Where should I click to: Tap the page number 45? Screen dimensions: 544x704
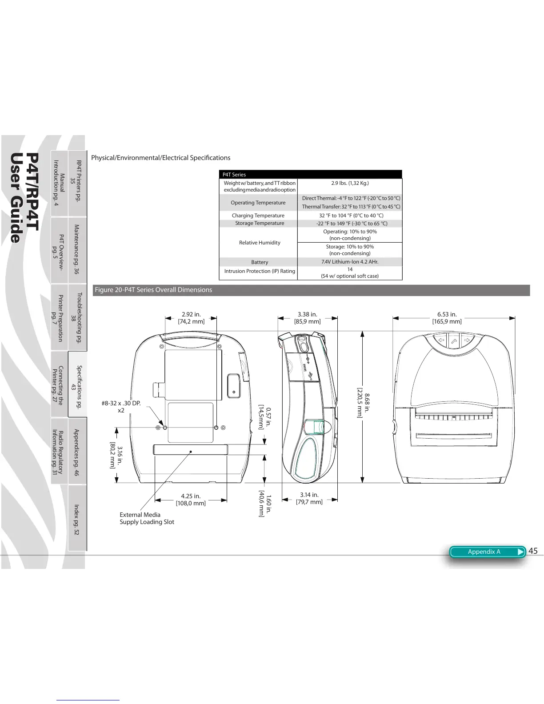pyautogui.click(x=533, y=551)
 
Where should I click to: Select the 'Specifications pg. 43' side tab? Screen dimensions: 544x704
pyautogui.click(x=76, y=384)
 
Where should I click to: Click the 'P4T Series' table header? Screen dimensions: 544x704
pyautogui.click(x=234, y=175)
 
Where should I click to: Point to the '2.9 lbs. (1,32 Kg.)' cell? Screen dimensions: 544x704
pyautogui.click(x=350, y=183)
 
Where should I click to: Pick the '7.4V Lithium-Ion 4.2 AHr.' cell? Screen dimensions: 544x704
pyautogui.click(x=350, y=262)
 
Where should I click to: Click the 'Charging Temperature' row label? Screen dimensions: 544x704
pyautogui.click(x=258, y=216)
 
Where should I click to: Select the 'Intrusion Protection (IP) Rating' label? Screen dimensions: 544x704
pyautogui.click(x=260, y=271)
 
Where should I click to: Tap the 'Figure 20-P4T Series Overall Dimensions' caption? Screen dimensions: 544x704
pyautogui.click(x=153, y=290)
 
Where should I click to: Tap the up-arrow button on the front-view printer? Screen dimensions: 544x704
pyautogui.click(x=454, y=341)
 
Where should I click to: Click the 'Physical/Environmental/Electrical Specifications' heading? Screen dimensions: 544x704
pyautogui.click(x=160, y=158)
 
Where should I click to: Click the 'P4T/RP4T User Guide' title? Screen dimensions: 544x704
pyautogui.click(x=25, y=198)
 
